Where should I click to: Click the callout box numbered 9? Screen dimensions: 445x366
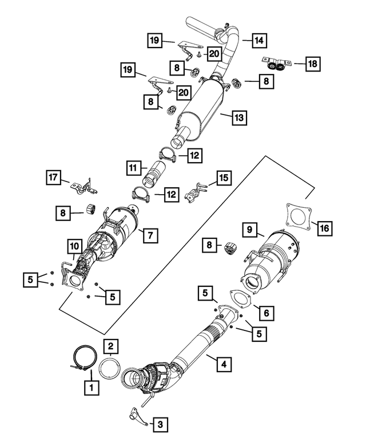249,230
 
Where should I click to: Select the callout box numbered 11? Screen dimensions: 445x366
133,168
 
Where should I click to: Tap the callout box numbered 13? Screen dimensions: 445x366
239,118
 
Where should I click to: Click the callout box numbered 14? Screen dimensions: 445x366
258,40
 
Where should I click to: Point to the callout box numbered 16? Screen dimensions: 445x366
324,229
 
